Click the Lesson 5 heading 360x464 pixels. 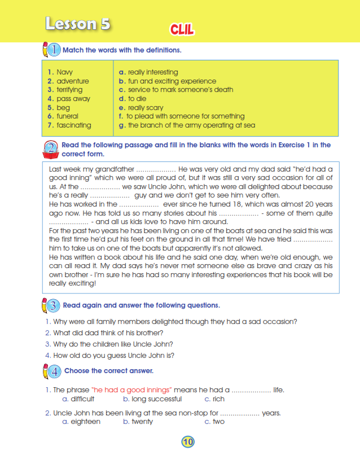point(77,24)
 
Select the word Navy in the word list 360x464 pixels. point(64,72)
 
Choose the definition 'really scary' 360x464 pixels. point(146,108)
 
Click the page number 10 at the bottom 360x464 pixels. point(188,442)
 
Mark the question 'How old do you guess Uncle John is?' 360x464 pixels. point(113,356)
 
